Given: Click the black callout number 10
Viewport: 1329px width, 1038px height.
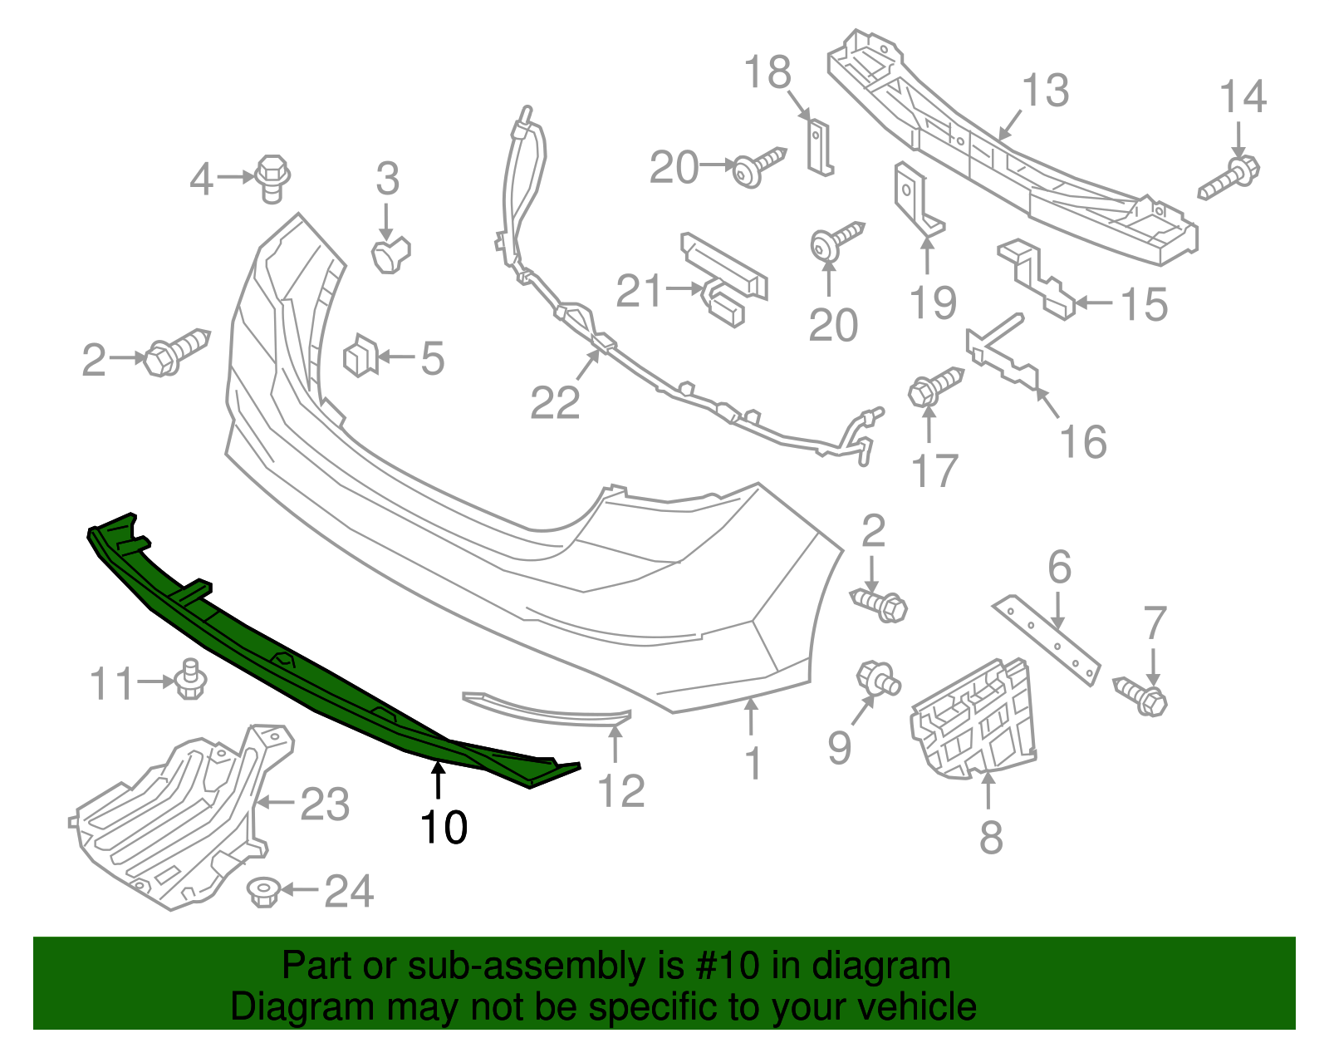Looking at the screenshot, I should tap(444, 827).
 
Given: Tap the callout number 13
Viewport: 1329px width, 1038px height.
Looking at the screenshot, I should tap(1045, 91).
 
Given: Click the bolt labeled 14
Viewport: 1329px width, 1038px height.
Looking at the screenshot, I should tap(1230, 178).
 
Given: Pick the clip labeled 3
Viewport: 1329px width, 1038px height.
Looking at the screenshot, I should tap(390, 254).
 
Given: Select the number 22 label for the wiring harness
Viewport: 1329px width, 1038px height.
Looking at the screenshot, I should tap(555, 404).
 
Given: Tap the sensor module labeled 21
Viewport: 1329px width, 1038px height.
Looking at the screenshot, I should tap(724, 278).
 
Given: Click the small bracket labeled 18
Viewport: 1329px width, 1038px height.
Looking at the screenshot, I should tap(819, 147).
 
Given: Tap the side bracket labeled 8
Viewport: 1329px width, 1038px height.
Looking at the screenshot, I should tap(973, 721).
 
